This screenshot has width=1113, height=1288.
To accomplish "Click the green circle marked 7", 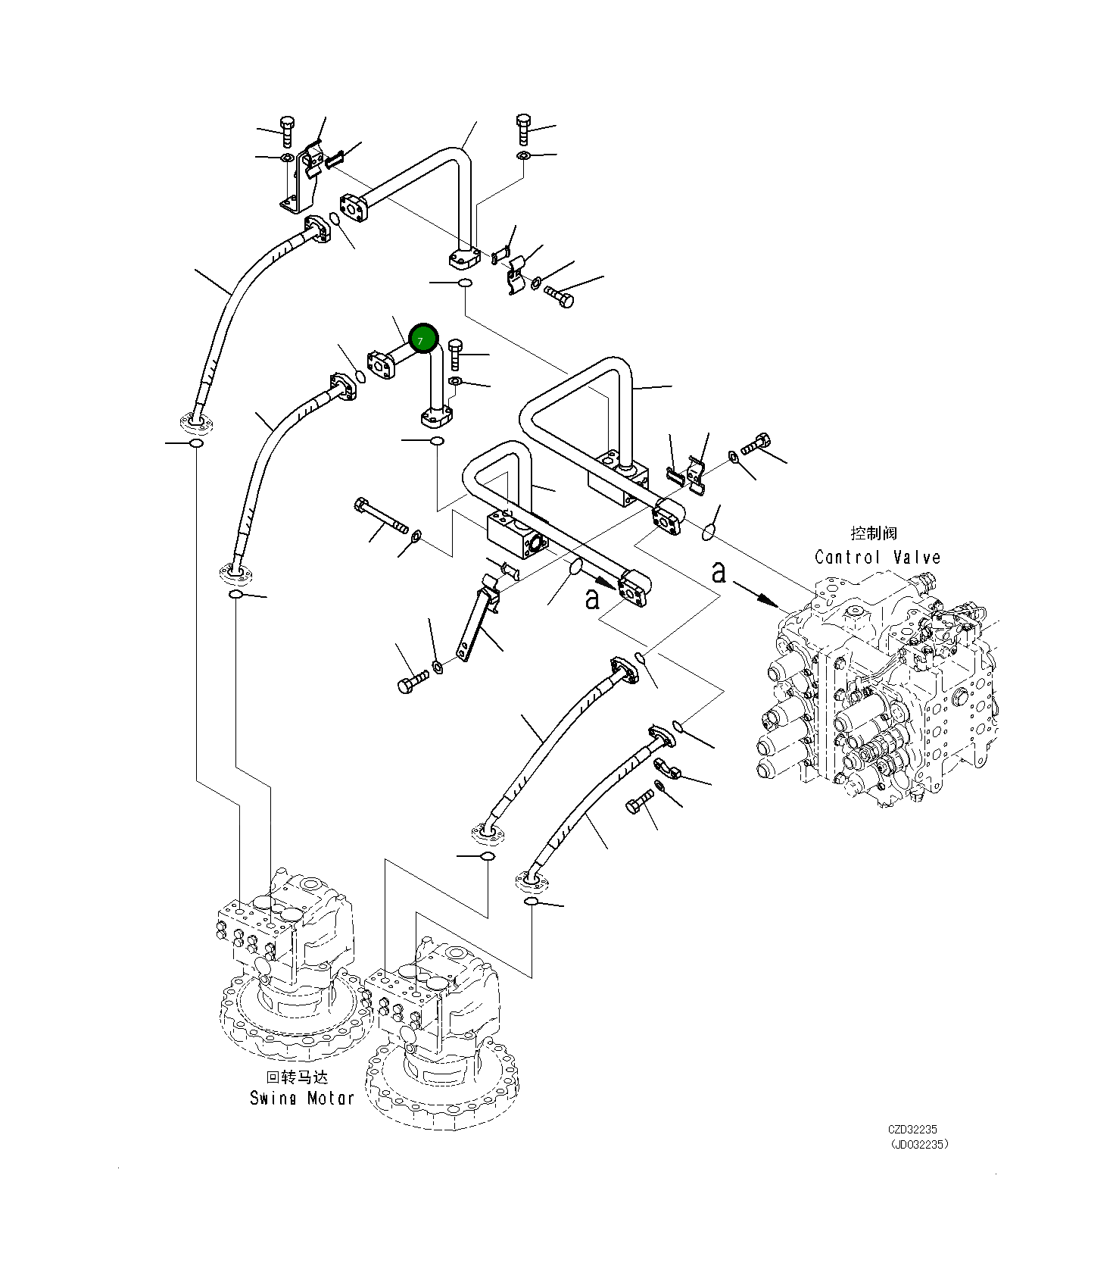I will pyautogui.click(x=423, y=339).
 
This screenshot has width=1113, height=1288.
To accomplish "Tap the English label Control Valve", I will pyautogui.click(x=877, y=558).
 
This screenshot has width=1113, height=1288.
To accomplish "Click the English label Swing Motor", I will pyautogui.click(x=301, y=1098).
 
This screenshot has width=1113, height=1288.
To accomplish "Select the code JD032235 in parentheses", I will pyautogui.click(x=918, y=1145).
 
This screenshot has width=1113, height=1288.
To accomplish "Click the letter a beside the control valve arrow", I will pyautogui.click(x=719, y=573).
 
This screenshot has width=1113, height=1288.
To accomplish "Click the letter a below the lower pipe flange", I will pyautogui.click(x=592, y=599).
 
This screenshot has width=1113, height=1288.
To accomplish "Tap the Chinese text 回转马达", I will pyautogui.click(x=297, y=1077).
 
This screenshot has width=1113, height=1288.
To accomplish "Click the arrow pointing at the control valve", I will pyautogui.click(x=757, y=595).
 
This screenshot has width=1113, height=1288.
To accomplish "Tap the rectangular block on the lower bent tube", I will pyautogui.click(x=515, y=534).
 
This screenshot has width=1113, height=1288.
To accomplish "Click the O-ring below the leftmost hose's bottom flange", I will pyautogui.click(x=196, y=443).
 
